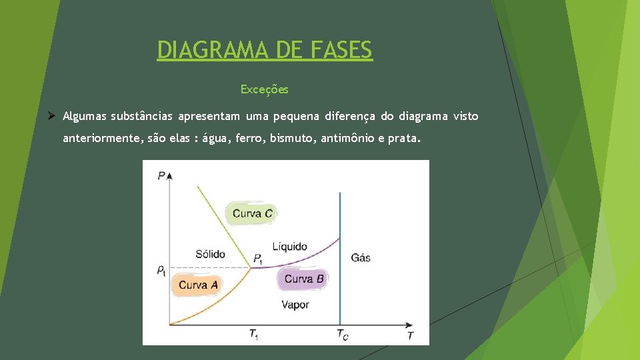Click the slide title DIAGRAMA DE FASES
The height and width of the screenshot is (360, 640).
pos(265,50)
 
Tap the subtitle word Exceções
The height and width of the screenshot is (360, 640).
pos(265,89)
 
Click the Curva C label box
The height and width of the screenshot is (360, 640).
pos(252,213)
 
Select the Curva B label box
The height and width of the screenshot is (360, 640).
pos(303,279)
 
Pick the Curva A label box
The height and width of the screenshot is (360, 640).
pos(198,285)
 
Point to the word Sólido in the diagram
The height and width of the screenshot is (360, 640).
pos(210,254)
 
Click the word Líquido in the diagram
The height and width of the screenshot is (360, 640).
pos(290,247)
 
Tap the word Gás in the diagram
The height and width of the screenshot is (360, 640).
pos(360,257)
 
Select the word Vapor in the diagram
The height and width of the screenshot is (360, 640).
pos(295,305)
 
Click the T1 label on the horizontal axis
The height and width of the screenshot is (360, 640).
pos(253,334)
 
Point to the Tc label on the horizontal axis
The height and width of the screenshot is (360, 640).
pos(341,334)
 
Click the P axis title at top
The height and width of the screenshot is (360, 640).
pos(161,175)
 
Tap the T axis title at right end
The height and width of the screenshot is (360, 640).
pos(410,335)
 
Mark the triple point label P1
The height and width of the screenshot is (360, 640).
pos(258,259)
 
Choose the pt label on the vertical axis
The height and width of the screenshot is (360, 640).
pos(161,270)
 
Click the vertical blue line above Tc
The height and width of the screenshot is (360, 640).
pos(341,253)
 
